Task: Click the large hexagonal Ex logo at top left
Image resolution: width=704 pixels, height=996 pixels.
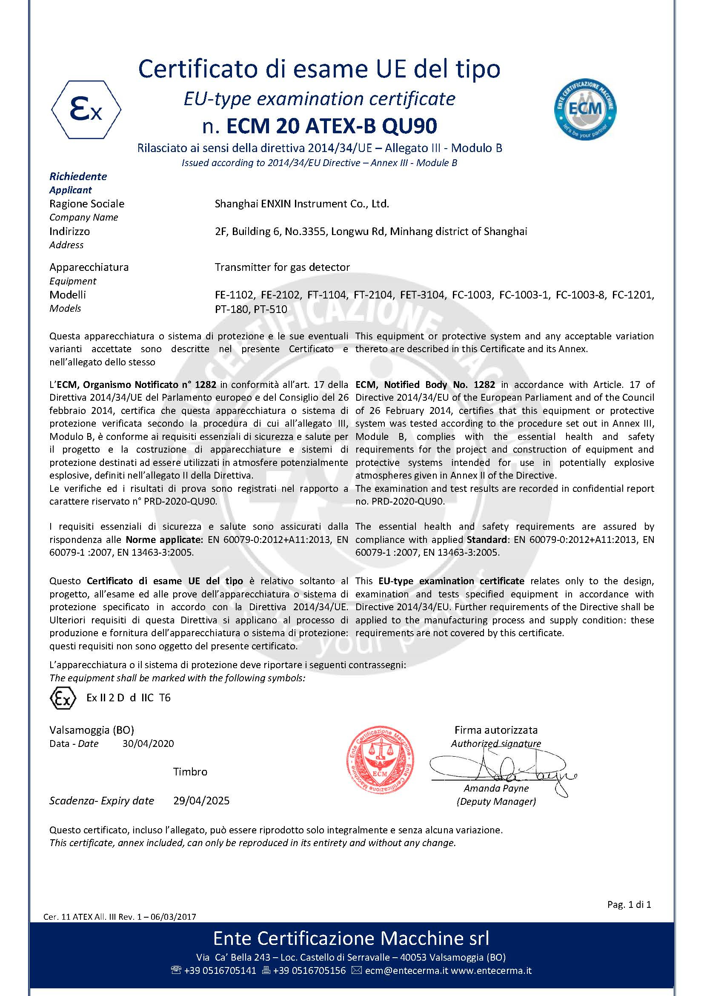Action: [86, 110]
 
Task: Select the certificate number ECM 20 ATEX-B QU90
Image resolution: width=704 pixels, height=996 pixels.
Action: [332, 126]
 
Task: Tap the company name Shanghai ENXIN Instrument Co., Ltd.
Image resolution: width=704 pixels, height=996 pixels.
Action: [302, 204]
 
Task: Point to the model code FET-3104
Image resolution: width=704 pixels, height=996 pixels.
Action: [422, 295]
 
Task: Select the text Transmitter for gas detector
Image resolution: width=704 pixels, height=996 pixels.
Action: [282, 267]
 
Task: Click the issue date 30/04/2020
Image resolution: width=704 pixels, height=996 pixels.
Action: [148, 743]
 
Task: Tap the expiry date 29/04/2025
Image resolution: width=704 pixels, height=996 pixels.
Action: [201, 801]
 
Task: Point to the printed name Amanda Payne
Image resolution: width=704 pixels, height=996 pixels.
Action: [496, 788]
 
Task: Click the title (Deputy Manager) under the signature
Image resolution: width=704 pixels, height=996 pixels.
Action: [496, 801]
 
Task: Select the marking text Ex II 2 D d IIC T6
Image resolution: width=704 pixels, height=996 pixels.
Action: [128, 697]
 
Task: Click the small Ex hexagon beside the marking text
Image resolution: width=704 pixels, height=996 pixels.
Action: [63, 698]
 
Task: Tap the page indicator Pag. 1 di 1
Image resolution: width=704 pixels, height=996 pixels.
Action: [629, 904]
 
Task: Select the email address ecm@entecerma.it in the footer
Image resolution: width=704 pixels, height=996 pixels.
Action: [406, 970]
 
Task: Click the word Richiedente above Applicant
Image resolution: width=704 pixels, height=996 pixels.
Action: [78, 177]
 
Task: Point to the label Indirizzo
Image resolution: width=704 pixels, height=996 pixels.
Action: [70, 232]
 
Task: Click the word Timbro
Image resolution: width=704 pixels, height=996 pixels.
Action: [190, 772]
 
